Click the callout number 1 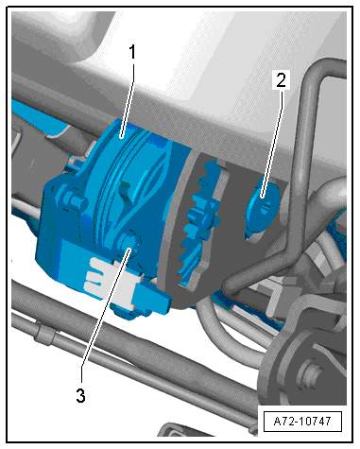[x=132, y=52]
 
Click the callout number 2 [x=281, y=79]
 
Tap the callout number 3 [x=80, y=395]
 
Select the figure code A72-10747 [x=302, y=422]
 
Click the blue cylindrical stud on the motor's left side [x=77, y=200]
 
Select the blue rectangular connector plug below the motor [x=154, y=298]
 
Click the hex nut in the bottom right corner [x=310, y=374]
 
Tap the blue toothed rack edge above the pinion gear [x=209, y=178]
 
